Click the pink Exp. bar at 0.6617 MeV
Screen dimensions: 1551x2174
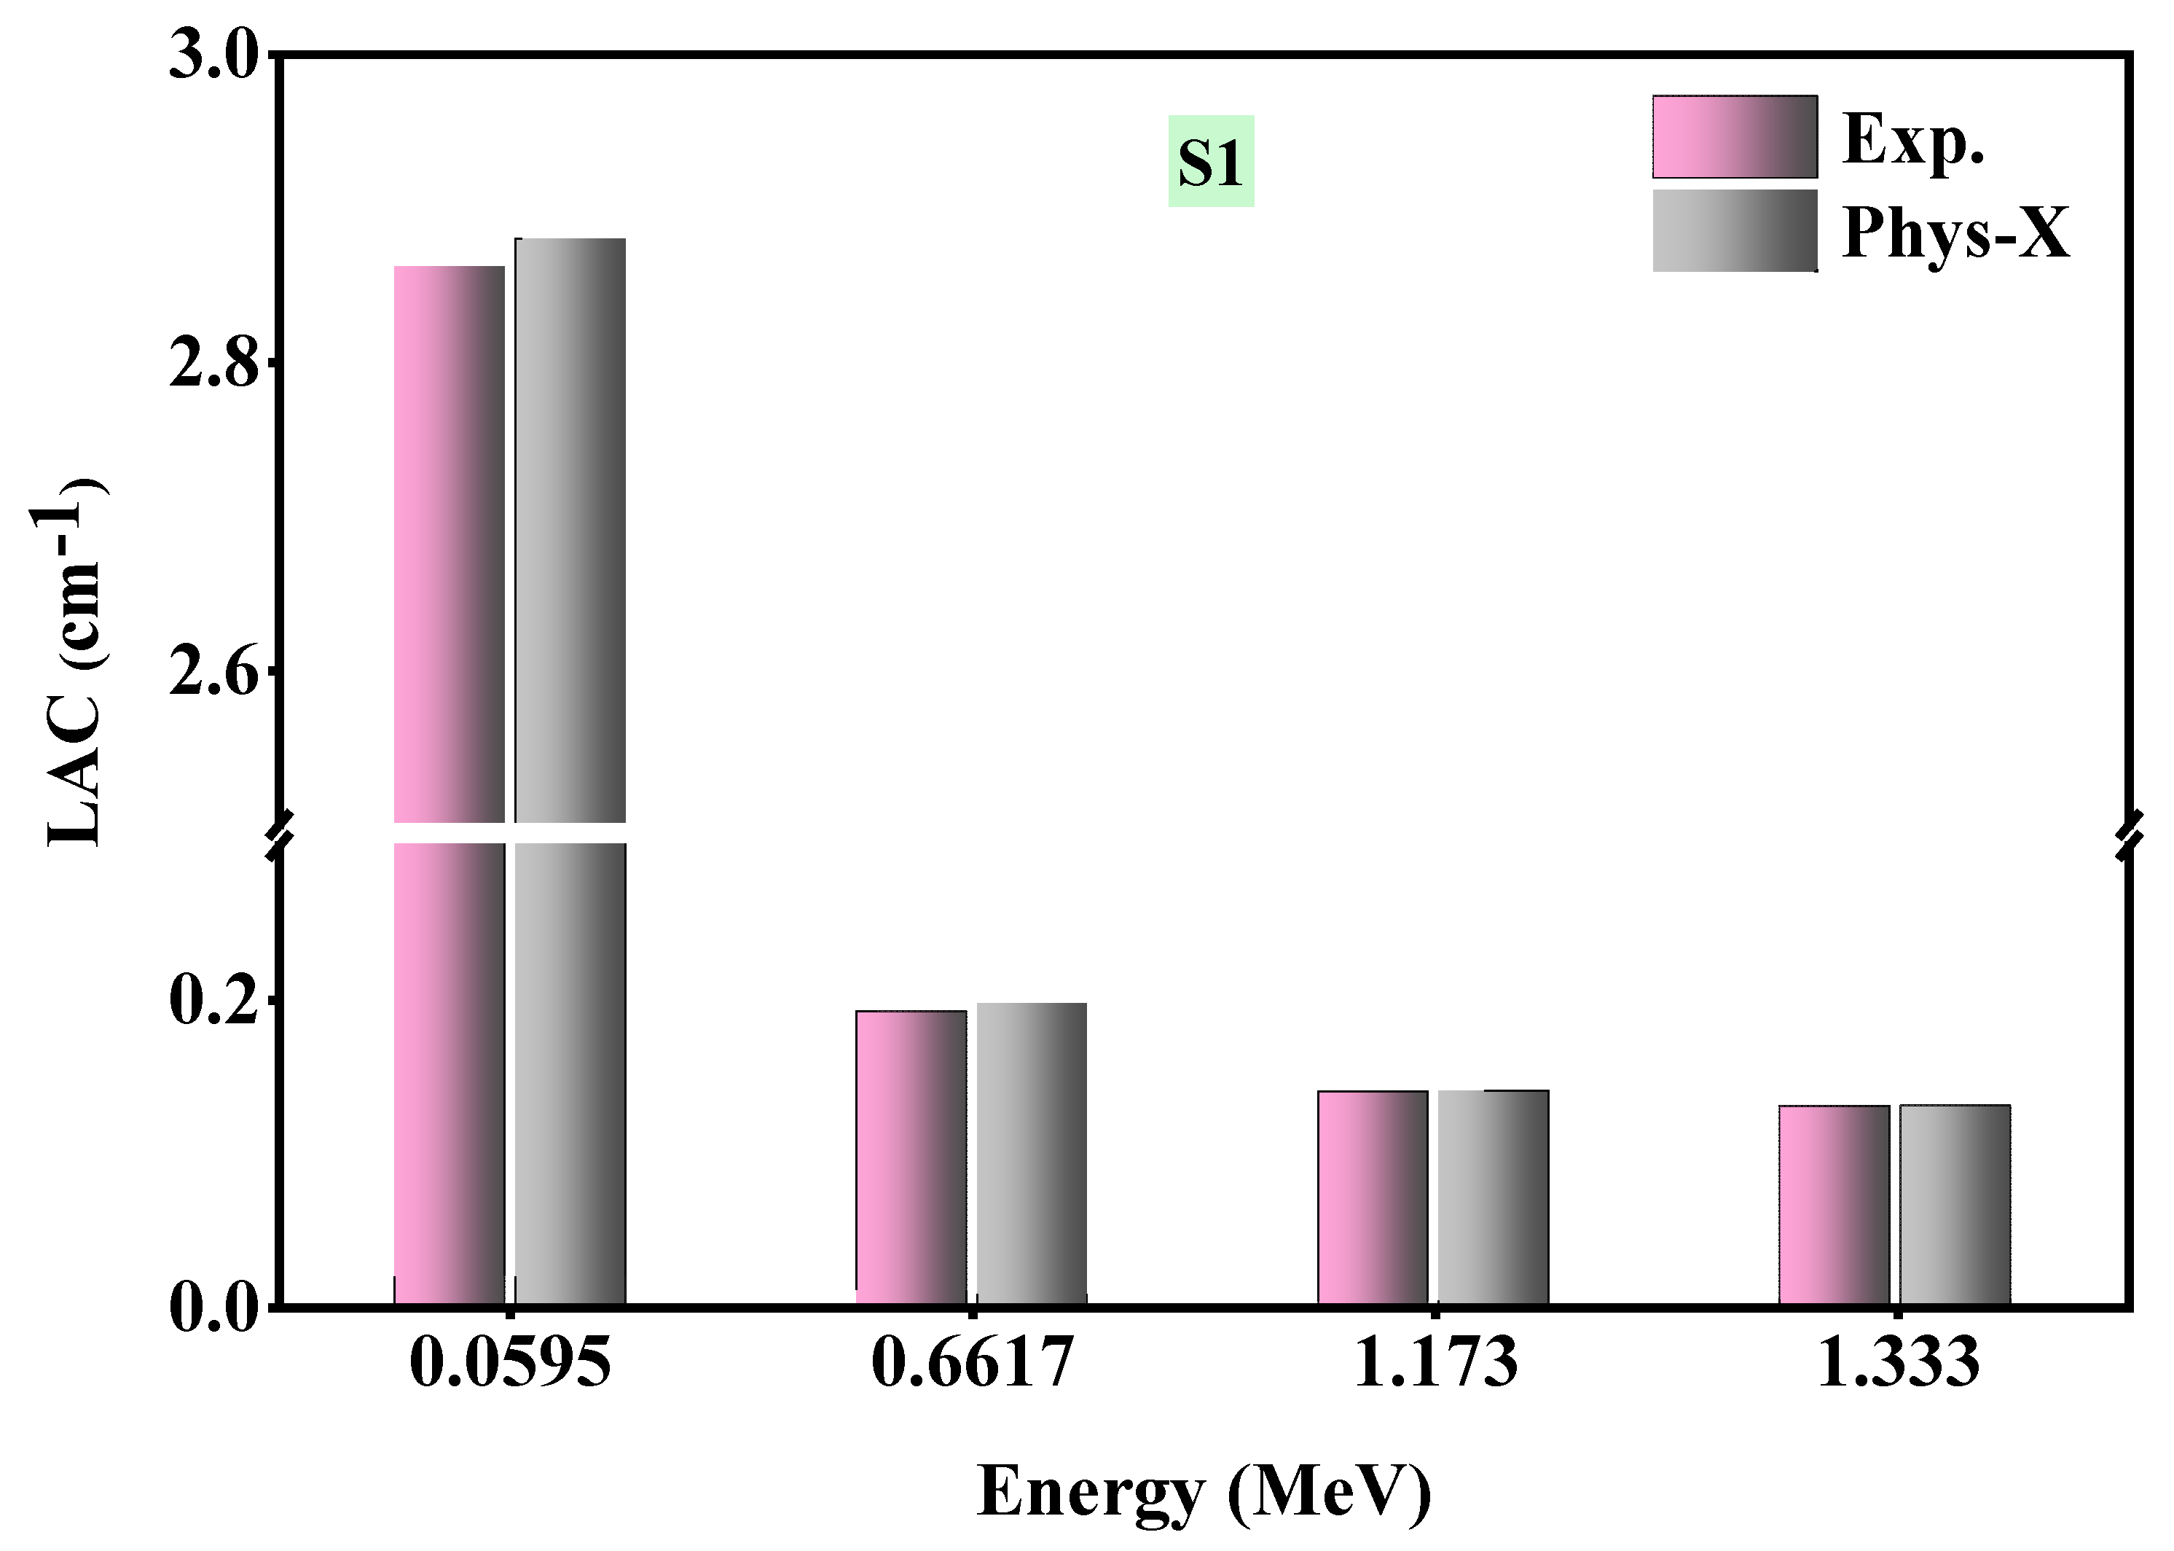coord(910,1157)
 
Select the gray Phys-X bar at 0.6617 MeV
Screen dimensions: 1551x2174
coord(1031,1153)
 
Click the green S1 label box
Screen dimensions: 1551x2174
coord(1211,161)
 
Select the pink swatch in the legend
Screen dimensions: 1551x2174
coord(1734,136)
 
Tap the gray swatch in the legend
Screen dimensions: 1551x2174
coord(1734,231)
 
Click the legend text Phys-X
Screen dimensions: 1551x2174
coord(1955,232)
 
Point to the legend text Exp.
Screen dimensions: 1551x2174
coord(1912,141)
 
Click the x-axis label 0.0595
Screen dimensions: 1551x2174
coord(509,1363)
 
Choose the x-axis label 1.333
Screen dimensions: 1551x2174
coord(1897,1363)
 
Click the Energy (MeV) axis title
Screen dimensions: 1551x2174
coord(1204,1491)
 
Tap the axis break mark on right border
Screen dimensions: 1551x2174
coord(2130,835)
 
